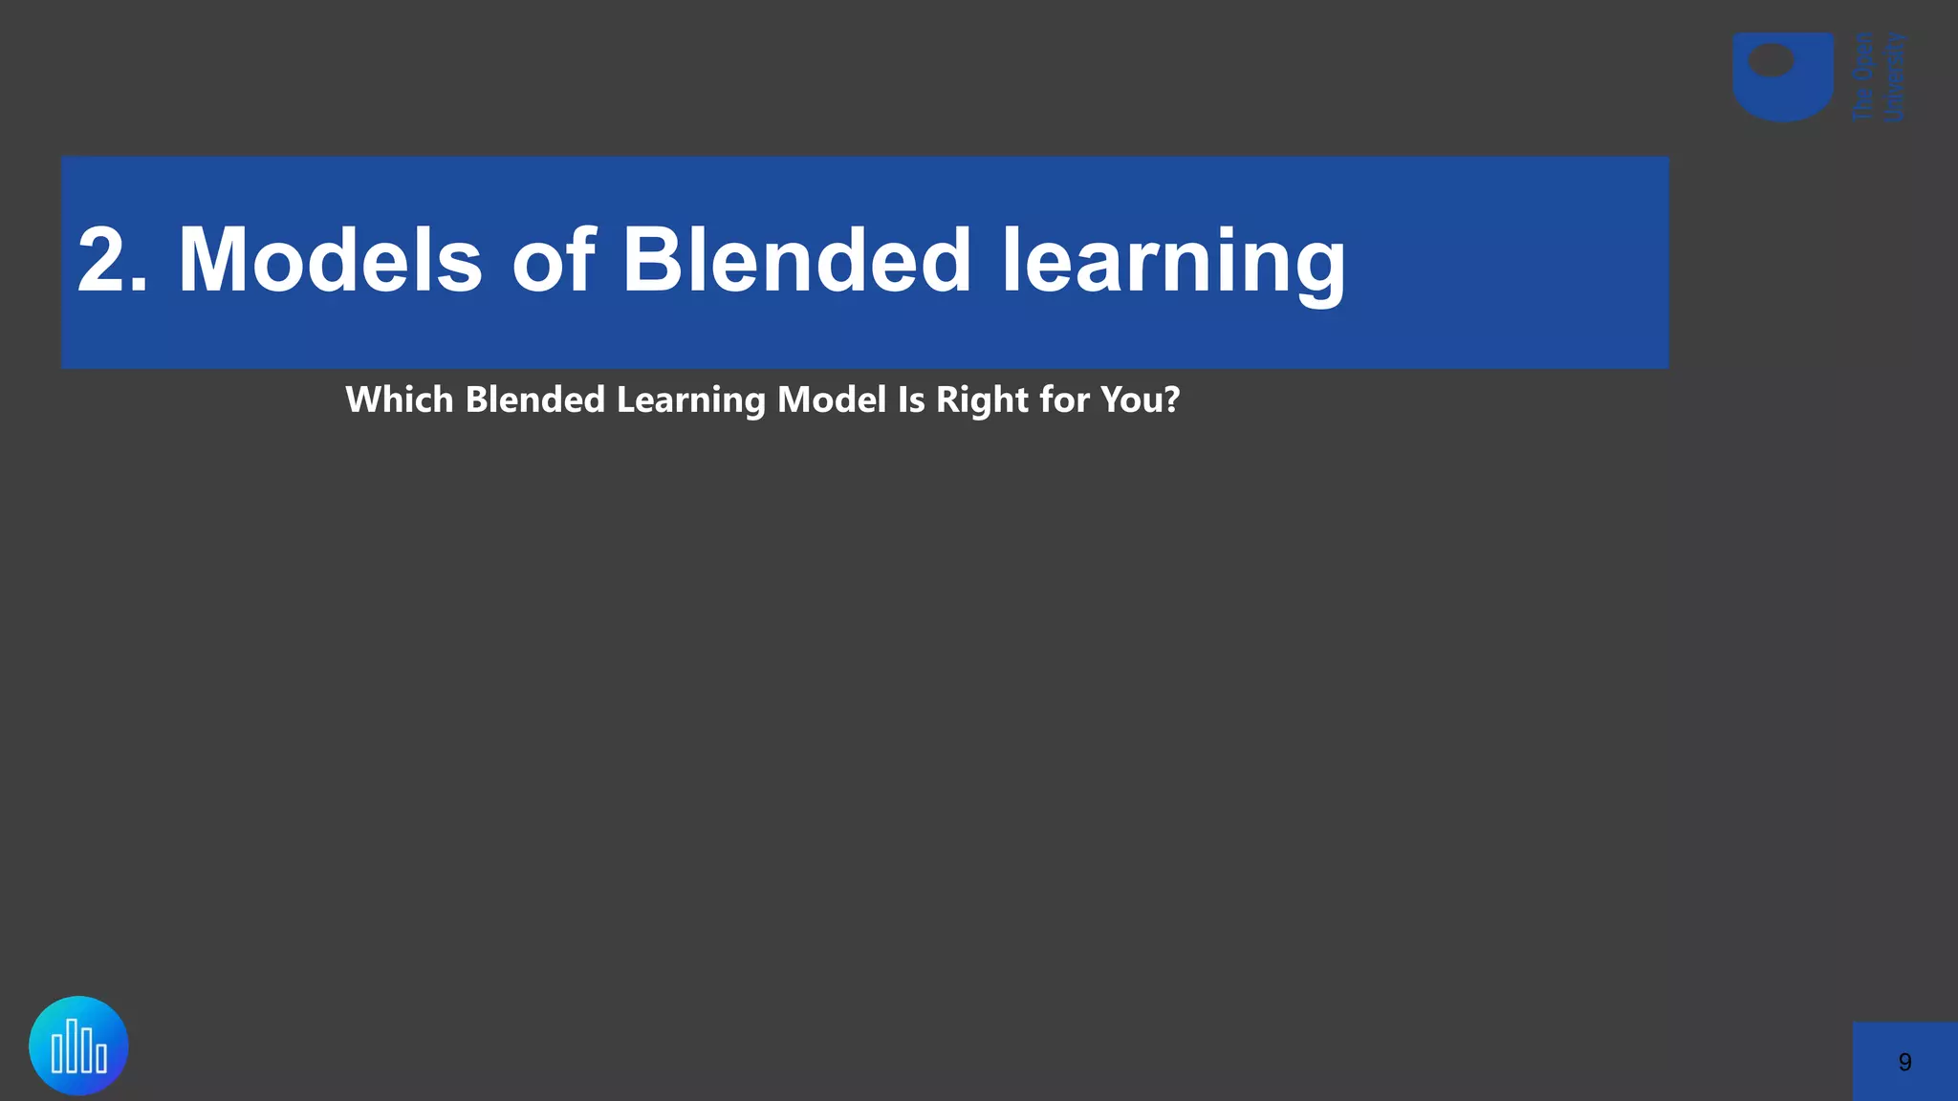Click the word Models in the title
pos(330,260)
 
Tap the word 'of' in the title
pos(554,260)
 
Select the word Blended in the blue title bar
pos(796,260)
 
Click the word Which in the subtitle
pos(399,399)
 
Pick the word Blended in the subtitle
pos(534,399)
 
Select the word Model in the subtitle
pos(831,399)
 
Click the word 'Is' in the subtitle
pos(910,399)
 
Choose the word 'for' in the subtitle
pos(1063,399)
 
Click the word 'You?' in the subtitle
pos(1140,399)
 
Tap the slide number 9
pos(1904,1063)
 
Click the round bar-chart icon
pos(78,1046)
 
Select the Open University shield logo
pos(1782,77)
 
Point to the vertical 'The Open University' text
pos(1879,77)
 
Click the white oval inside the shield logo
pos(1771,62)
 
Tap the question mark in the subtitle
pos(1172,399)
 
